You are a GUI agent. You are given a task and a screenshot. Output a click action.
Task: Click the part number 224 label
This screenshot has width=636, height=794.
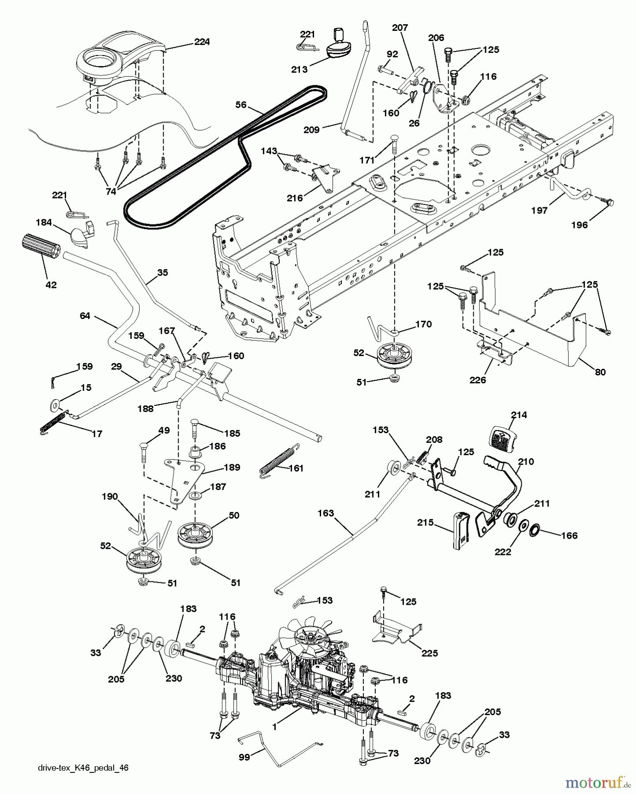click(202, 42)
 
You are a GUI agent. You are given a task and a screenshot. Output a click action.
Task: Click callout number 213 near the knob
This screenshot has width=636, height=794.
click(299, 69)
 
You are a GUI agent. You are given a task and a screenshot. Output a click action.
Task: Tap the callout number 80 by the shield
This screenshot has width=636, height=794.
click(600, 372)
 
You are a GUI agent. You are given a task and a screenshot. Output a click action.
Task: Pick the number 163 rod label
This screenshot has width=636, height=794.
click(325, 513)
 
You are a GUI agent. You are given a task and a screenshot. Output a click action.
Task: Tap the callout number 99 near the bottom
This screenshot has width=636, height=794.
click(244, 757)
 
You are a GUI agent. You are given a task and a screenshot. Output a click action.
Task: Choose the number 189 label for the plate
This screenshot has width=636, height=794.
click(232, 467)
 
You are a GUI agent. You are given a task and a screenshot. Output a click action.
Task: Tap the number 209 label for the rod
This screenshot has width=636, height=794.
click(312, 130)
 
